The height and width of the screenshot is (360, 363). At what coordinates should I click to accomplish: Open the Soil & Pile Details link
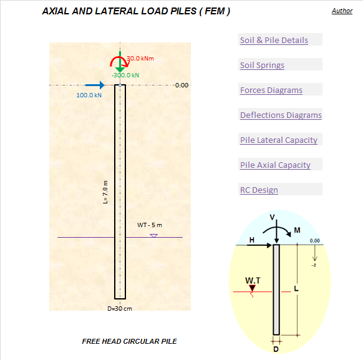274,41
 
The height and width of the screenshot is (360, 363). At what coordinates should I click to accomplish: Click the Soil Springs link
262,66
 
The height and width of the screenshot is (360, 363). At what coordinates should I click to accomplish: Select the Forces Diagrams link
271,90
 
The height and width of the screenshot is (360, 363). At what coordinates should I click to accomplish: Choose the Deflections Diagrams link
281,115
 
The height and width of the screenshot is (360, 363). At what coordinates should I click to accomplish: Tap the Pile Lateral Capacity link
279,140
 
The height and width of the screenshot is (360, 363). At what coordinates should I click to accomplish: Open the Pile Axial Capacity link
275,165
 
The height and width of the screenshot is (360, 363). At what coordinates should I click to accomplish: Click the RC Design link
259,190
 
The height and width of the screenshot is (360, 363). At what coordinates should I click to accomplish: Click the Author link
342,11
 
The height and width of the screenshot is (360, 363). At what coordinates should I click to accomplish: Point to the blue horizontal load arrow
95,85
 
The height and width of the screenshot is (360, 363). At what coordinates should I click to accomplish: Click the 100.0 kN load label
89,95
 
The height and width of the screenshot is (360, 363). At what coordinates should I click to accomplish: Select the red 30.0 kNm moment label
140,59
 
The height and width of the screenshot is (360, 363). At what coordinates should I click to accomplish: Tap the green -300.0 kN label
125,75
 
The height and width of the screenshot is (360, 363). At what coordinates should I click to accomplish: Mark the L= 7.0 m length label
105,192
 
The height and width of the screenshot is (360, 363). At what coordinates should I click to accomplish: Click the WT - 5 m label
150,225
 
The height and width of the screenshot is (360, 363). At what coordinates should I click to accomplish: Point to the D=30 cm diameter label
120,309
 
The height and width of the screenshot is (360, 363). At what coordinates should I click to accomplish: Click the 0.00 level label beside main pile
181,85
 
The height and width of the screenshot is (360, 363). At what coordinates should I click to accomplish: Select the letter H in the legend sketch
252,240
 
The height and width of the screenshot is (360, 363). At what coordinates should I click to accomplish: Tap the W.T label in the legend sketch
253,281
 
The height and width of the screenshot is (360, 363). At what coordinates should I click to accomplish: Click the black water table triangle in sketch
252,288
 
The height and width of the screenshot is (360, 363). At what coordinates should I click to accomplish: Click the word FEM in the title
215,11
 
